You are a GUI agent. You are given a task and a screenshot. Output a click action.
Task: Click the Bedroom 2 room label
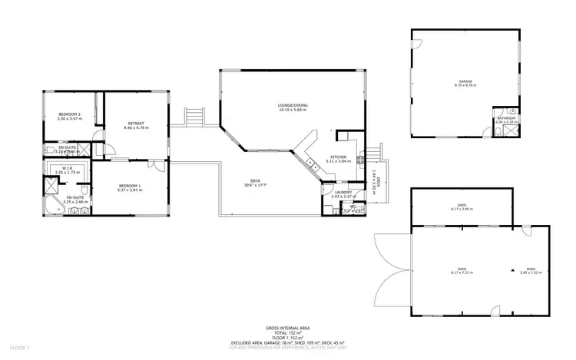click(69, 116)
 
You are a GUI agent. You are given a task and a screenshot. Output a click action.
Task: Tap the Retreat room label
click(136, 122)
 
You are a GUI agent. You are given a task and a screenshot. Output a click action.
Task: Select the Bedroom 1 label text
click(129, 187)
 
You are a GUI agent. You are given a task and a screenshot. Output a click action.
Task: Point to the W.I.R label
click(68, 167)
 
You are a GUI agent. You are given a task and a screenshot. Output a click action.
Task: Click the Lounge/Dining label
click(292, 106)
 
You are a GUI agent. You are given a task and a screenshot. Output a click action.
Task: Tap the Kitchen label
click(338, 157)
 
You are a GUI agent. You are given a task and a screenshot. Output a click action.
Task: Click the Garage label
click(465, 80)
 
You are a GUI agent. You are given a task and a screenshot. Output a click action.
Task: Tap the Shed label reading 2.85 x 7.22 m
click(531, 270)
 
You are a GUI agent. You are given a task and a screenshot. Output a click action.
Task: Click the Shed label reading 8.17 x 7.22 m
click(461, 270)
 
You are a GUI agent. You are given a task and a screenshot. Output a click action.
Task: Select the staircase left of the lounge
click(194, 117)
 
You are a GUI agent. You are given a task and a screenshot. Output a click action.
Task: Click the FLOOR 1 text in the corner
click(15, 348)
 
